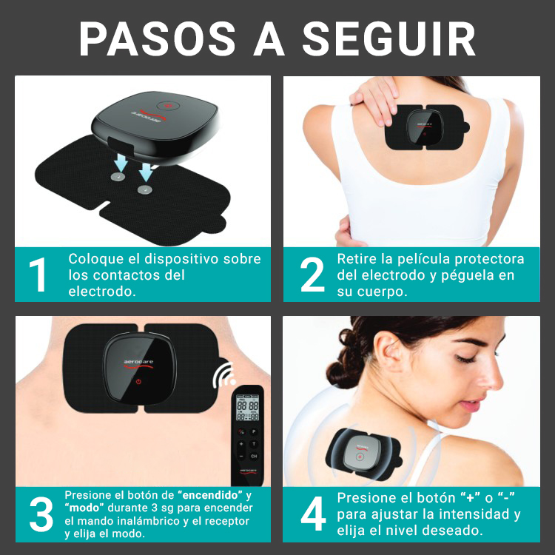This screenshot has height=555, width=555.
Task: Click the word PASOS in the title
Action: tap(158, 38)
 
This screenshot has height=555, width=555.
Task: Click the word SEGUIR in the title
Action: tap(389, 38)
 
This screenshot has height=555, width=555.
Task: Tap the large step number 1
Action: tap(38, 275)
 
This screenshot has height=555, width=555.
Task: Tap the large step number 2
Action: tap(312, 275)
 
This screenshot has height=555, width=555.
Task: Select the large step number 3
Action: tap(41, 514)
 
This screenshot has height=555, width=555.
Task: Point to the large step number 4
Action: tap(313, 514)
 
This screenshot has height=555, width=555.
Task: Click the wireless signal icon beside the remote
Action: tap(224, 374)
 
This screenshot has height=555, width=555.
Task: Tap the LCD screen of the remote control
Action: tap(247, 408)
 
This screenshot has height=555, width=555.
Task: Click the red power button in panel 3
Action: tap(138, 382)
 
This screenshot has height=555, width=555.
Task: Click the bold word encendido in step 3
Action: tap(210, 494)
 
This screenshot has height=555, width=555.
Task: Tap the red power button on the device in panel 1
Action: tap(169, 106)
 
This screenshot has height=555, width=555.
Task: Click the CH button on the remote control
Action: tap(254, 456)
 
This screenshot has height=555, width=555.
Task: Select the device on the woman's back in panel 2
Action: tap(425, 127)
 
